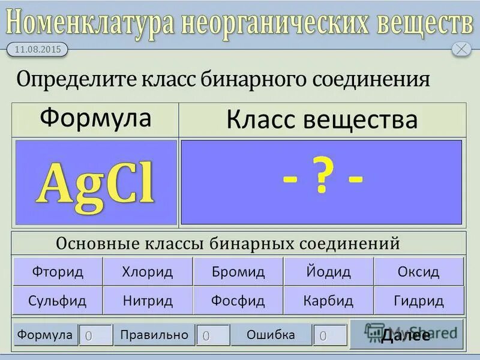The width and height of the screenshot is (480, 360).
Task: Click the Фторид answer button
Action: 58,272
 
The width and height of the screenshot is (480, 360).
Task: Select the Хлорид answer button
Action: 148,272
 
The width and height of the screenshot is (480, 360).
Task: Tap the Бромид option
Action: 238,272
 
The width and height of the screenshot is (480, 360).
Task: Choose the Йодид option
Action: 328,272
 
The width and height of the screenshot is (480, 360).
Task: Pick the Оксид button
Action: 418,272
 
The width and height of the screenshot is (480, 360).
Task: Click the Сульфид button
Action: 58,301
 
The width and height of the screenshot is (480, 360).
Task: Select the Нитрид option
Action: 148,301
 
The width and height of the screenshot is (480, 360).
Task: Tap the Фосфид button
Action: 238,301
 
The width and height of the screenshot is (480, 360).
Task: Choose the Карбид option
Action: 328,301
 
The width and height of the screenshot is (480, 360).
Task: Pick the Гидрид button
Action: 418,301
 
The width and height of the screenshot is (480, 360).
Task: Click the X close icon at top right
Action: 461,49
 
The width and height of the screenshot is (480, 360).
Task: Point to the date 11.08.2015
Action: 37,50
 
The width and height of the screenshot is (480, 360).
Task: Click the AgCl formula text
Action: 96,182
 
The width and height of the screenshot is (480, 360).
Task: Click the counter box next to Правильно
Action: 212,335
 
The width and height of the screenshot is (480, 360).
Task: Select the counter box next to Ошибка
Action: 329,335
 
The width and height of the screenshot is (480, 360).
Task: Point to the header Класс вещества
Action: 322,119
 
